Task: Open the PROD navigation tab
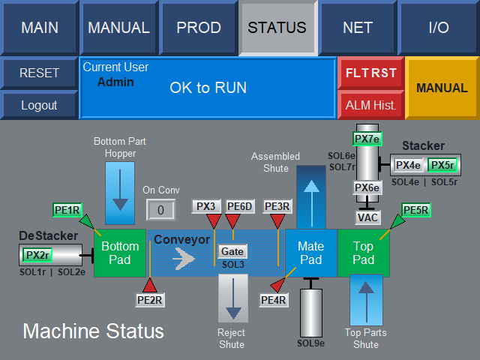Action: [198, 28]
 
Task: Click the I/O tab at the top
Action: [438, 28]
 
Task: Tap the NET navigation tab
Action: [358, 28]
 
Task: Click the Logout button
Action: [39, 105]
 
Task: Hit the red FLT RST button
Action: [371, 73]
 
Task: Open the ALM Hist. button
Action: [371, 105]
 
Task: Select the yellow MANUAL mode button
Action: [442, 88]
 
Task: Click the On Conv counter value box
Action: [160, 210]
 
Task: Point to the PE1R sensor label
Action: [67, 210]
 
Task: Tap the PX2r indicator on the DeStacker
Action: [37, 255]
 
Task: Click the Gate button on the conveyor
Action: [232, 251]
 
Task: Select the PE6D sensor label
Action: [240, 206]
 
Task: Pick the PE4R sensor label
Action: [273, 300]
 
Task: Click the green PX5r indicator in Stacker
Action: [442, 165]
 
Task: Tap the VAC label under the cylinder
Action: [367, 217]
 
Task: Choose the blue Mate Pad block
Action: [311, 253]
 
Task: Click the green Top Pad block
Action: [363, 253]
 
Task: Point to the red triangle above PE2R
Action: [150, 285]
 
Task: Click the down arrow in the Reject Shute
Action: [233, 298]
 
